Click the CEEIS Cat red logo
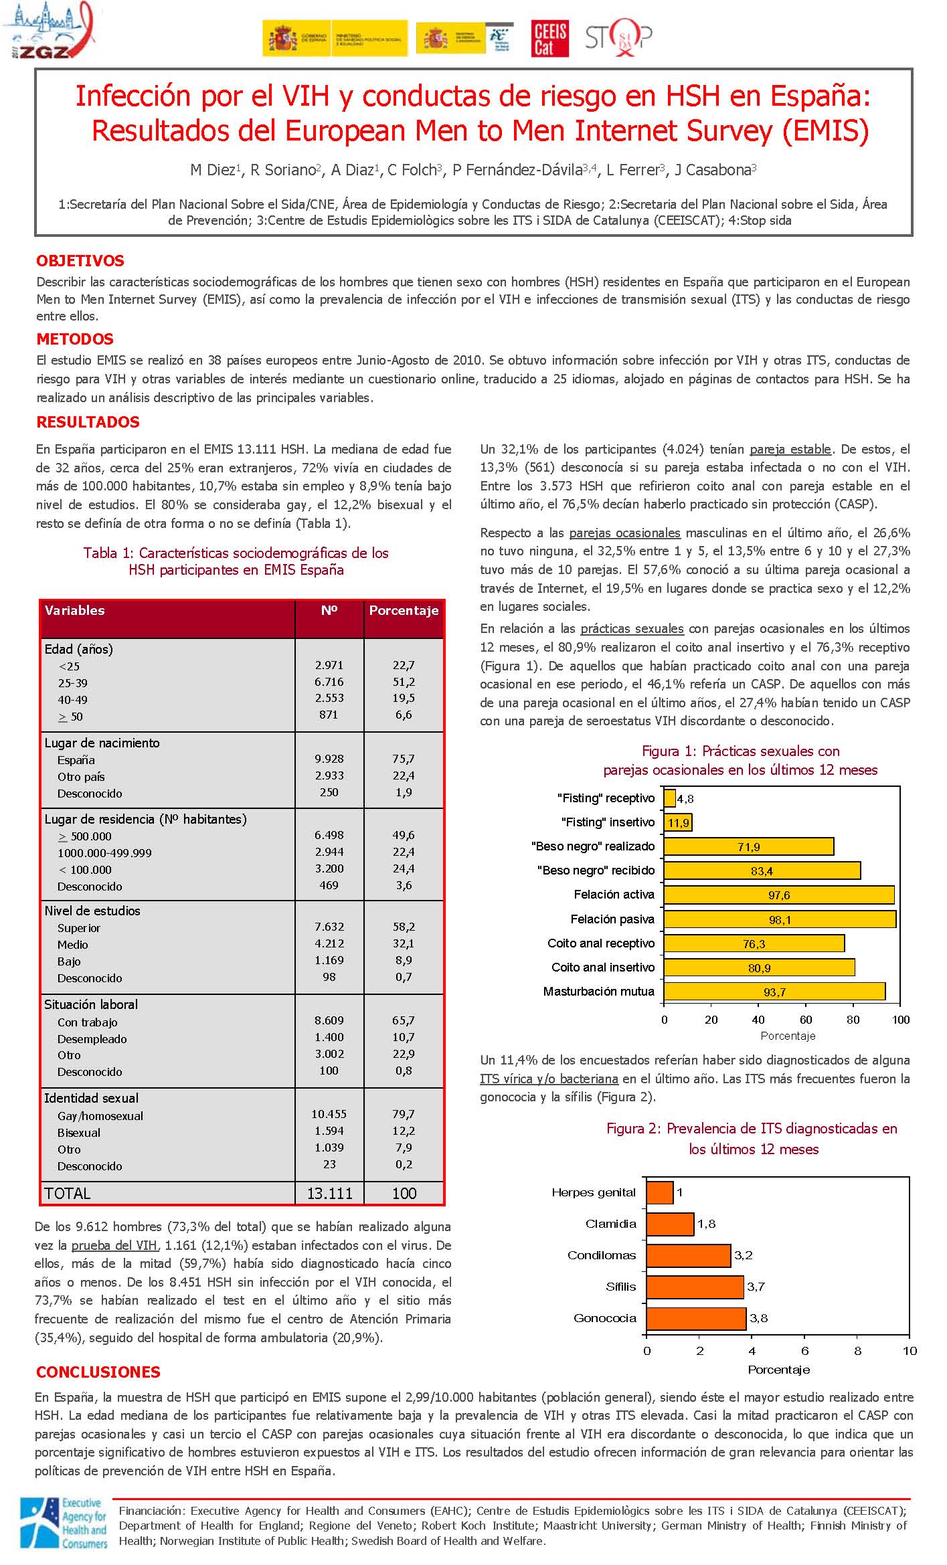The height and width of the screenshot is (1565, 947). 550,38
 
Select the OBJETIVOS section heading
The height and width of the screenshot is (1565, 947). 80,261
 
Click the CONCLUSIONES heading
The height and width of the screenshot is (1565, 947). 98,1372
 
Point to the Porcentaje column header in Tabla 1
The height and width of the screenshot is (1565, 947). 404,610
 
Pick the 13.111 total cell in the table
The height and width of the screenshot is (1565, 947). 329,1193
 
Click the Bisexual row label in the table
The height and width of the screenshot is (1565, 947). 79,1132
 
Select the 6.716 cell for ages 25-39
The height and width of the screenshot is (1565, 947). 329,682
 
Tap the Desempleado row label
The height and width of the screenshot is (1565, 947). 92,1038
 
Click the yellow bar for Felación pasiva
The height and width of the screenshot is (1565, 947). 780,919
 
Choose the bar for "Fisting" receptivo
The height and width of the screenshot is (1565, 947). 670,798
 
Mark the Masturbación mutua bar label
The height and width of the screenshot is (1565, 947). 598,991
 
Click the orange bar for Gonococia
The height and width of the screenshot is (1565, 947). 696,1318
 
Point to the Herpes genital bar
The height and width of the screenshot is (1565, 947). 660,1192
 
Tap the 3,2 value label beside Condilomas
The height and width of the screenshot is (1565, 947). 744,1255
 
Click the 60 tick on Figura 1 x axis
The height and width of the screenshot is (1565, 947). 806,1020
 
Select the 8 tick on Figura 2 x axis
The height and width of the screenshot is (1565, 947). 858,1350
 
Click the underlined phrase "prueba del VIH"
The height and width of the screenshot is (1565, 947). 114,1245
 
